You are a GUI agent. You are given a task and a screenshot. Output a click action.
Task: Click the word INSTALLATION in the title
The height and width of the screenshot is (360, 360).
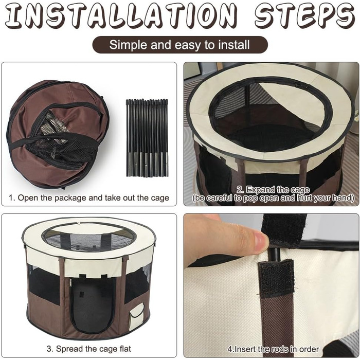[x=121, y=15]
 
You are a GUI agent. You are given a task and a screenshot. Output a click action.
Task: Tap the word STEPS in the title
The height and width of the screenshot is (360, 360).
[x=304, y=15]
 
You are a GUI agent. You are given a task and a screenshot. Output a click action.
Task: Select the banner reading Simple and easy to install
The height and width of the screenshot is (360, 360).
[x=180, y=45]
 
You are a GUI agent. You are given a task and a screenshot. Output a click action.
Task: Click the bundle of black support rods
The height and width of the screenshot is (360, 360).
[x=147, y=138]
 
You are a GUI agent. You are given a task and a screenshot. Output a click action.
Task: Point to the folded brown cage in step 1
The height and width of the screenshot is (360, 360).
[x=58, y=134]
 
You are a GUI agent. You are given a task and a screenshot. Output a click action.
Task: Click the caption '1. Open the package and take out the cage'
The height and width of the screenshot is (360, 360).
[x=89, y=198]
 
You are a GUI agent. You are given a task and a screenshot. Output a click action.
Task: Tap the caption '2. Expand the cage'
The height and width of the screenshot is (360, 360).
[x=273, y=190]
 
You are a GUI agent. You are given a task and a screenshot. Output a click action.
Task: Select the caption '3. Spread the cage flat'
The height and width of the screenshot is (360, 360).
[x=89, y=349]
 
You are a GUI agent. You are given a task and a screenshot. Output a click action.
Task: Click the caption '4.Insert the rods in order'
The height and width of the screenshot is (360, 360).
[x=273, y=349]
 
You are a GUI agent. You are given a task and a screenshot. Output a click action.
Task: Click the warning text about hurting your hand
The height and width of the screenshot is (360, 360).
[x=273, y=198]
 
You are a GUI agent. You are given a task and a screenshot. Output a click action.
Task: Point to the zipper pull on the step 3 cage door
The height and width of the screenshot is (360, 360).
[x=70, y=282]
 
